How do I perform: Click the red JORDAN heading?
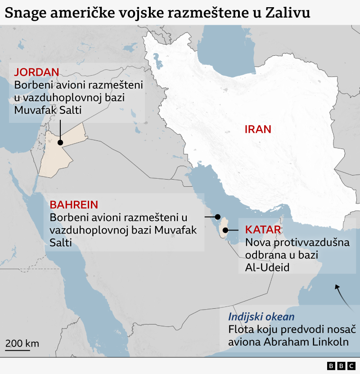(x=37, y=72)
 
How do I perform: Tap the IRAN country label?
(x=258, y=130)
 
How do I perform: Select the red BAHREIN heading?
(x=74, y=205)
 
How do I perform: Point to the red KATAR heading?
(x=263, y=230)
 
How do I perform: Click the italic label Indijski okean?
(x=261, y=316)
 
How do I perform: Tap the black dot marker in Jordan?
(x=60, y=142)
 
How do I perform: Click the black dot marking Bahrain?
(x=218, y=216)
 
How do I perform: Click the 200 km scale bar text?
(x=22, y=343)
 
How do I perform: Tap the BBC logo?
(x=341, y=366)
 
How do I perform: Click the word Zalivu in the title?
(x=288, y=13)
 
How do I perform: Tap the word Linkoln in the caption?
(x=332, y=342)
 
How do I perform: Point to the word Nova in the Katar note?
(x=256, y=243)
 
